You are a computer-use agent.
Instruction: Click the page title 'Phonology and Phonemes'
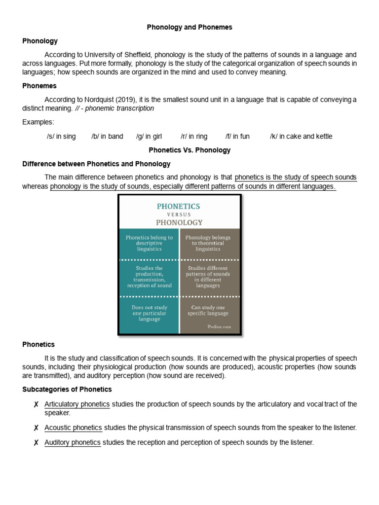(189, 28)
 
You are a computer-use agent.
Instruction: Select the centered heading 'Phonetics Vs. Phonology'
(189, 150)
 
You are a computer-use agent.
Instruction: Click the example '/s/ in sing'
(61, 137)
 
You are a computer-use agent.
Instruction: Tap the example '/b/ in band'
(107, 137)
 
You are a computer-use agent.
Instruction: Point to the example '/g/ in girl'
(149, 137)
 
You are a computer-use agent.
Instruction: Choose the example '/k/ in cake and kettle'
(301, 137)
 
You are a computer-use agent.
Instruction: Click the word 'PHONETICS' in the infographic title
(178, 206)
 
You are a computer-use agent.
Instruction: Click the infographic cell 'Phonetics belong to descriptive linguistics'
(149, 243)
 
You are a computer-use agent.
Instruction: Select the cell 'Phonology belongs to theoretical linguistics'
(208, 243)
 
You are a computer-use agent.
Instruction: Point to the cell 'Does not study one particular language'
(149, 313)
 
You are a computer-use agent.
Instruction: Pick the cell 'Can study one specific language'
(210, 310)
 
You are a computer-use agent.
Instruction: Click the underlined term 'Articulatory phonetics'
(77, 404)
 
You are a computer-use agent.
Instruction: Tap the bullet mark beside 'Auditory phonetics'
(36, 443)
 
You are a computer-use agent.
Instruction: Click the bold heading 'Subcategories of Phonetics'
(67, 390)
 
